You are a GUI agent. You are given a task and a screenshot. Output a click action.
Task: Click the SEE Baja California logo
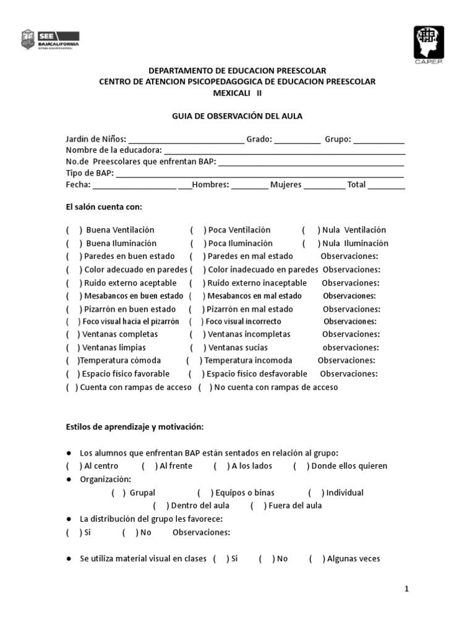click(x=52, y=39)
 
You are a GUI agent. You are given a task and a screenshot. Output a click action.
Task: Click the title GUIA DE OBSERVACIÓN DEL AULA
click(x=237, y=116)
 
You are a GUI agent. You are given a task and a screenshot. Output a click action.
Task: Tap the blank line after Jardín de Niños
click(x=186, y=140)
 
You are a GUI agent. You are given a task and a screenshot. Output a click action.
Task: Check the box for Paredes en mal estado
click(x=197, y=257)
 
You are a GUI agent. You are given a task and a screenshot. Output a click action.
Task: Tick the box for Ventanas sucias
click(x=197, y=348)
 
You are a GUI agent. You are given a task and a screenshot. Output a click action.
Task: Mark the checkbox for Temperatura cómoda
click(x=72, y=360)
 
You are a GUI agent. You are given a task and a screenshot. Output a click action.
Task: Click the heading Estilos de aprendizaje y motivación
click(x=135, y=427)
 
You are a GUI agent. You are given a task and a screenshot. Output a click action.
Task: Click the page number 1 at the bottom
click(x=406, y=589)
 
